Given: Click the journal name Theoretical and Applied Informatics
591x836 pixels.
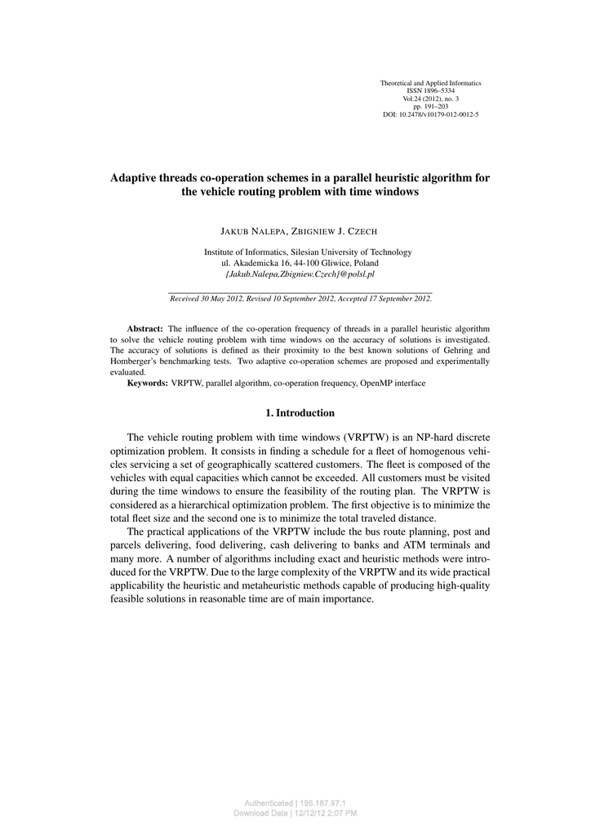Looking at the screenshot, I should [x=430, y=83].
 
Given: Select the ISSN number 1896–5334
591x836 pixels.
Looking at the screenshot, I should [x=430, y=91].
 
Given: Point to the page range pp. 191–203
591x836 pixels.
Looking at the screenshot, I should [x=430, y=107].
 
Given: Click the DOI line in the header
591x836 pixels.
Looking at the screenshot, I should [x=430, y=115].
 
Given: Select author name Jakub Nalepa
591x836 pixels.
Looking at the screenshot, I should [x=248, y=231].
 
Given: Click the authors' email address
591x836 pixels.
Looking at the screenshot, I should [x=300, y=274].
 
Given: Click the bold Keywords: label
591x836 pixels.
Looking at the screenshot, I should [x=147, y=383].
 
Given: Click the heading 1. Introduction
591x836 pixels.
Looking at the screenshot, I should [x=300, y=413].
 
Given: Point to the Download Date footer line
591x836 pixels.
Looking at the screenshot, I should [x=295, y=813].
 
